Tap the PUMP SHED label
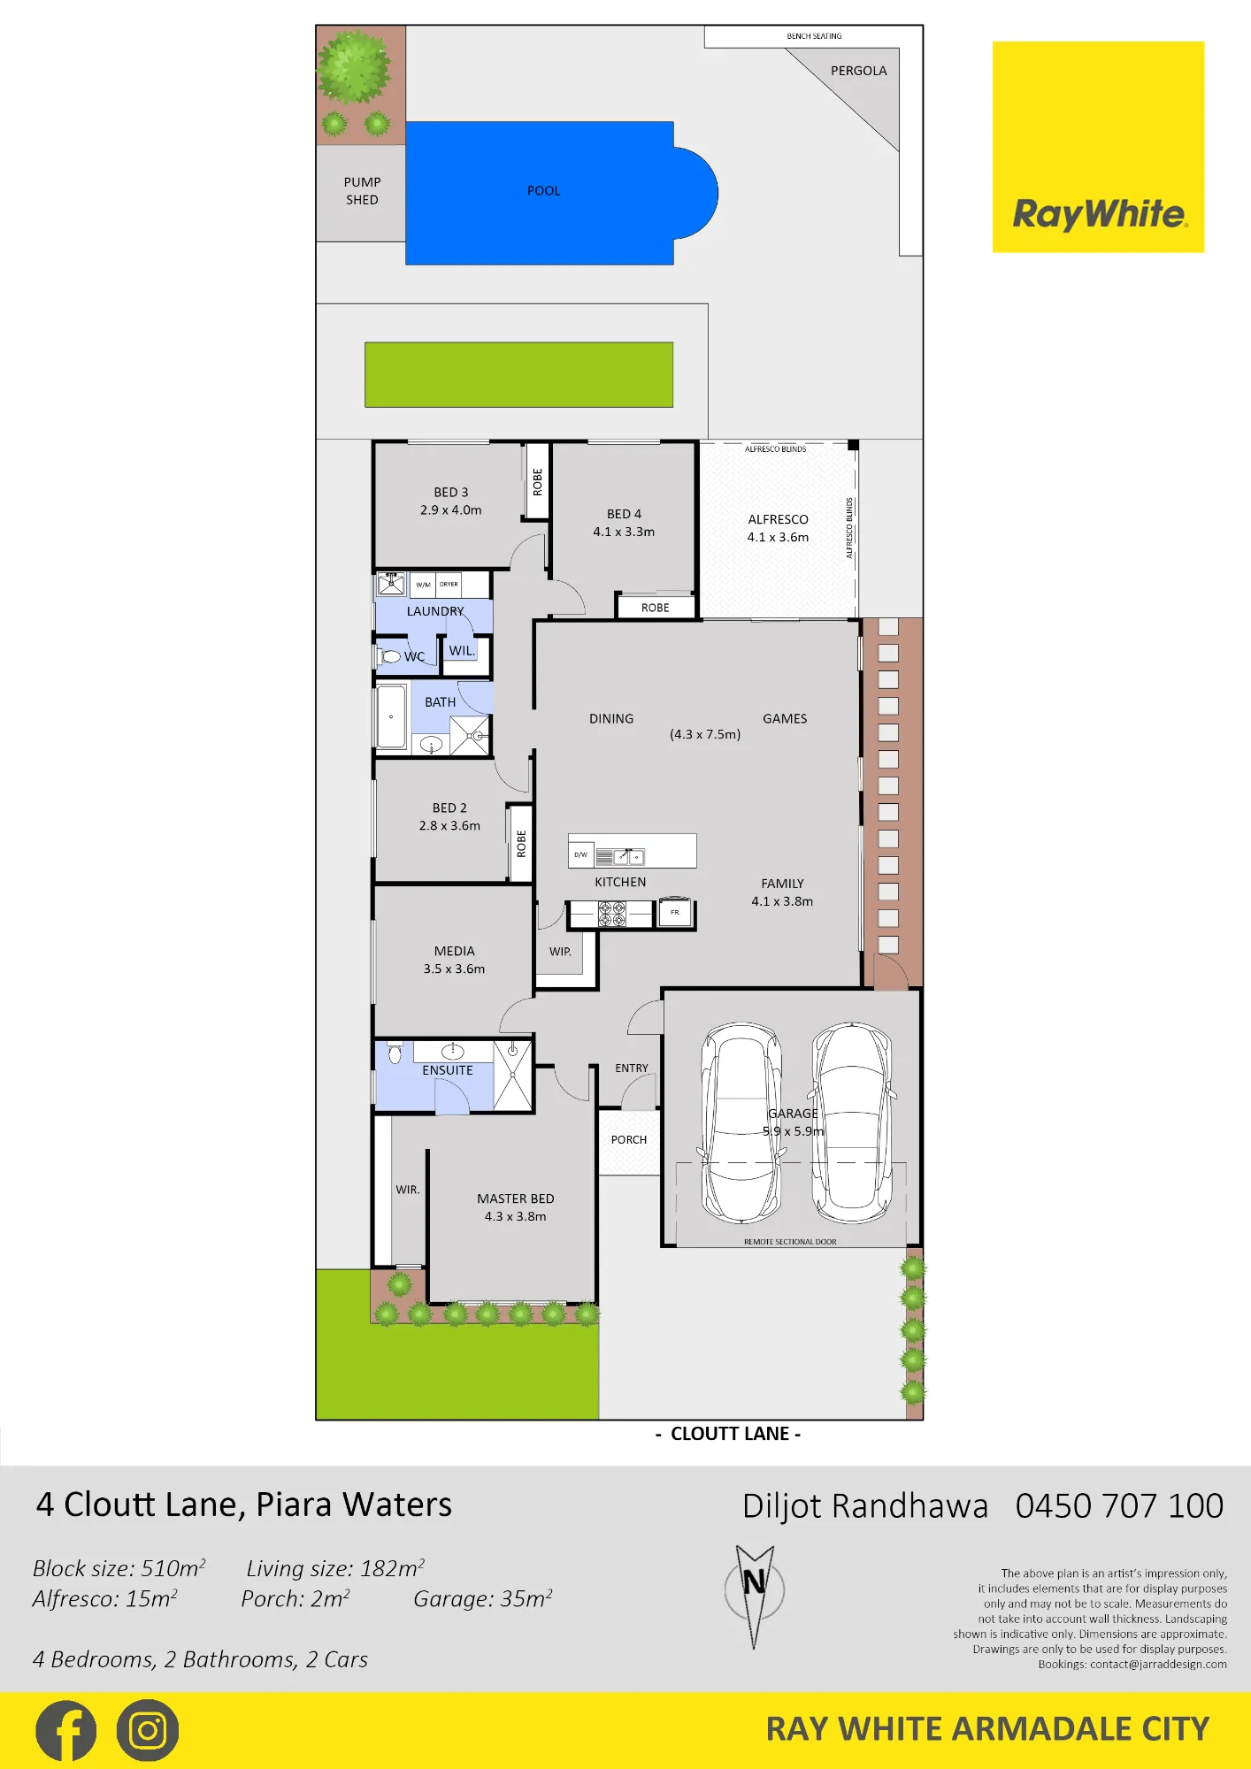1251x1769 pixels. click(x=362, y=191)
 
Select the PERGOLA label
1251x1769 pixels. click(x=858, y=71)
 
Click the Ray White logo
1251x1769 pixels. click(x=1098, y=147)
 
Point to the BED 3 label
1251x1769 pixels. click(x=451, y=492)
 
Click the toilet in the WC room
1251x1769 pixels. click(x=389, y=656)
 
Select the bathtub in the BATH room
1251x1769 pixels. click(x=391, y=716)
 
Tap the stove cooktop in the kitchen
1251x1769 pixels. click(x=612, y=914)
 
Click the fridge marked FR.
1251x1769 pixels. click(x=675, y=913)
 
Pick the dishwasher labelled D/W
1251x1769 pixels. click(x=580, y=854)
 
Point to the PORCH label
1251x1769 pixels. click(x=629, y=1140)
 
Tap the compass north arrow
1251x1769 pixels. click(x=755, y=1596)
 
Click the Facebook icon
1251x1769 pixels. click(x=65, y=1731)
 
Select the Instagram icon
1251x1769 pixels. click(x=148, y=1731)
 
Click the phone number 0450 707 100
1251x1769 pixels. click(x=1119, y=1505)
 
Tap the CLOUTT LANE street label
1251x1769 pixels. click(x=730, y=1434)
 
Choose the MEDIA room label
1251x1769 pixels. click(x=455, y=951)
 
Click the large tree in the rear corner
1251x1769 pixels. click(x=354, y=66)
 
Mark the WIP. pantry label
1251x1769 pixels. click(x=560, y=952)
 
